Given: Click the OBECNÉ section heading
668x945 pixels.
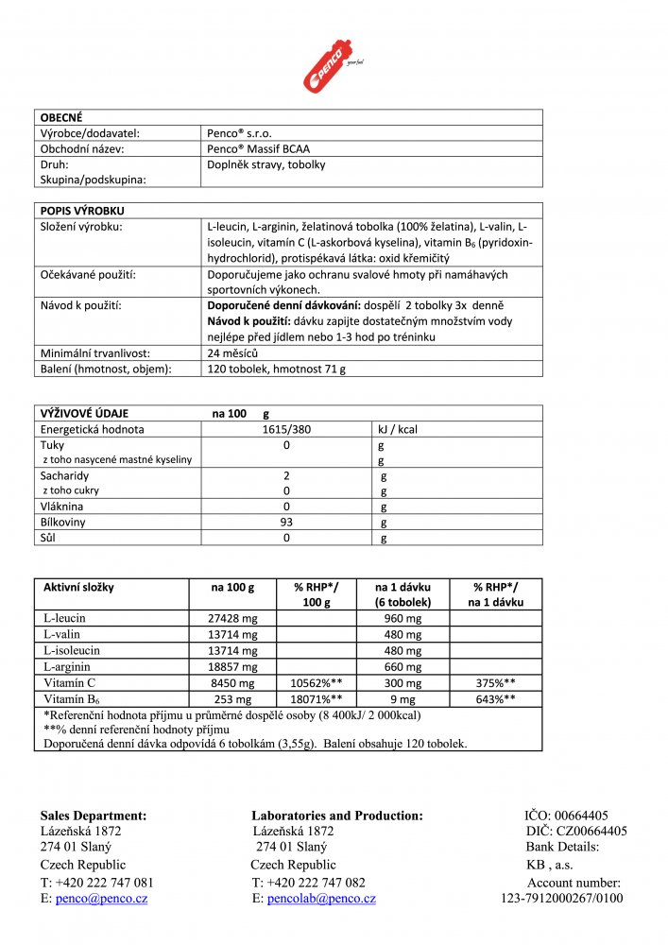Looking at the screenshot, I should click(x=61, y=117).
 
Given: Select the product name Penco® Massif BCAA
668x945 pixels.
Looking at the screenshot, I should click(x=258, y=148).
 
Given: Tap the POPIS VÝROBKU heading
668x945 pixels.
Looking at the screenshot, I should click(x=82, y=210).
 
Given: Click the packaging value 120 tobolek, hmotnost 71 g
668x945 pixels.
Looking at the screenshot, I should click(x=276, y=369).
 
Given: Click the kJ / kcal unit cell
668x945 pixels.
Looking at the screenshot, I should click(x=397, y=429).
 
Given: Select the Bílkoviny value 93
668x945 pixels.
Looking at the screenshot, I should click(x=286, y=523).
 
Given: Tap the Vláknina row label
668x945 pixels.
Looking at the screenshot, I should click(x=62, y=507).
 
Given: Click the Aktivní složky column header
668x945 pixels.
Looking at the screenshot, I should click(x=78, y=587).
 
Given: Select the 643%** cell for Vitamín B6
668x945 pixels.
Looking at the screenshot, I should click(x=495, y=698).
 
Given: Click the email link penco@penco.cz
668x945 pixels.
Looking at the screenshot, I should click(x=101, y=899).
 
